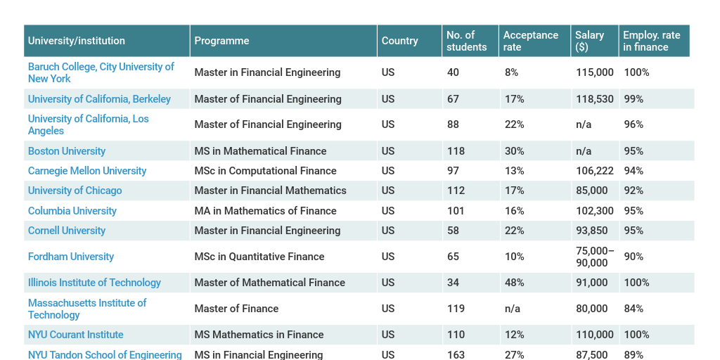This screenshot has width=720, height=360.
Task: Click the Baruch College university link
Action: (101, 72)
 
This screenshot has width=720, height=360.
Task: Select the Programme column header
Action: (221, 41)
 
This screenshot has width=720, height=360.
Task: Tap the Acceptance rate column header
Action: (530, 41)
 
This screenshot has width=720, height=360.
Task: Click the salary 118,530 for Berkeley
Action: (594, 99)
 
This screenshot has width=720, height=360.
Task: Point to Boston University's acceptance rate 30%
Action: (514, 151)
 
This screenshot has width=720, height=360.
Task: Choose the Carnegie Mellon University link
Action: (87, 171)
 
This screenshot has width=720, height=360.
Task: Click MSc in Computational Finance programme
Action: (265, 171)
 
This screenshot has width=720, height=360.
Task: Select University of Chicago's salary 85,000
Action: (591, 191)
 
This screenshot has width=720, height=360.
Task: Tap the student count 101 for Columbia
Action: (456, 211)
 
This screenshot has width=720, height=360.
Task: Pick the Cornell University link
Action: (67, 231)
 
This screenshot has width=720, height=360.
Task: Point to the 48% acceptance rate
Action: (514, 283)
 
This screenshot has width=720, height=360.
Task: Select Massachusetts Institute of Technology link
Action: (86, 309)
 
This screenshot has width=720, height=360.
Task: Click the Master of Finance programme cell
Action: (236, 309)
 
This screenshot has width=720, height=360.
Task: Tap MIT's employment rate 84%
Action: (634, 309)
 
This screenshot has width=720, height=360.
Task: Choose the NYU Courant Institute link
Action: (75, 335)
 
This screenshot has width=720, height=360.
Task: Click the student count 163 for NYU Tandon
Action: (456, 355)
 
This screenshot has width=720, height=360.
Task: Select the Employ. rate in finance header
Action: (651, 41)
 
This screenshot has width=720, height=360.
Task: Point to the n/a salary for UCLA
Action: (584, 124)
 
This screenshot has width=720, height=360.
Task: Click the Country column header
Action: (399, 41)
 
